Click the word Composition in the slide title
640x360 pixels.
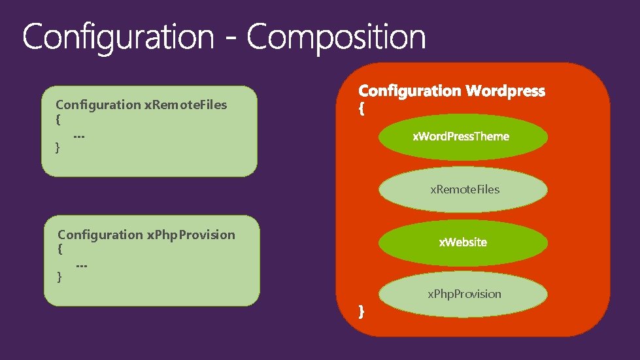[x=336, y=38]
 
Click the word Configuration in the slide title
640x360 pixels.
[x=118, y=38]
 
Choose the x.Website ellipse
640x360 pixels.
[x=463, y=242]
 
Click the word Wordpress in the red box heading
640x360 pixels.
[x=505, y=91]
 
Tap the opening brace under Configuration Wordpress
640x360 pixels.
[x=362, y=110]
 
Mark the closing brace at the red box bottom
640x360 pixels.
[x=362, y=312]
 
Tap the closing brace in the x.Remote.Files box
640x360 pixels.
[x=58, y=148]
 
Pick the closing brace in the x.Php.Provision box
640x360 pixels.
[x=60, y=277]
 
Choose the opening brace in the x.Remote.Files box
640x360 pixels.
[x=58, y=120]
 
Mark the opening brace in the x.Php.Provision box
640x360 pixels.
[x=60, y=250]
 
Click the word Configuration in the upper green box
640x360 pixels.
[x=98, y=105]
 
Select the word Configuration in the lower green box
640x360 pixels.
[x=100, y=235]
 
